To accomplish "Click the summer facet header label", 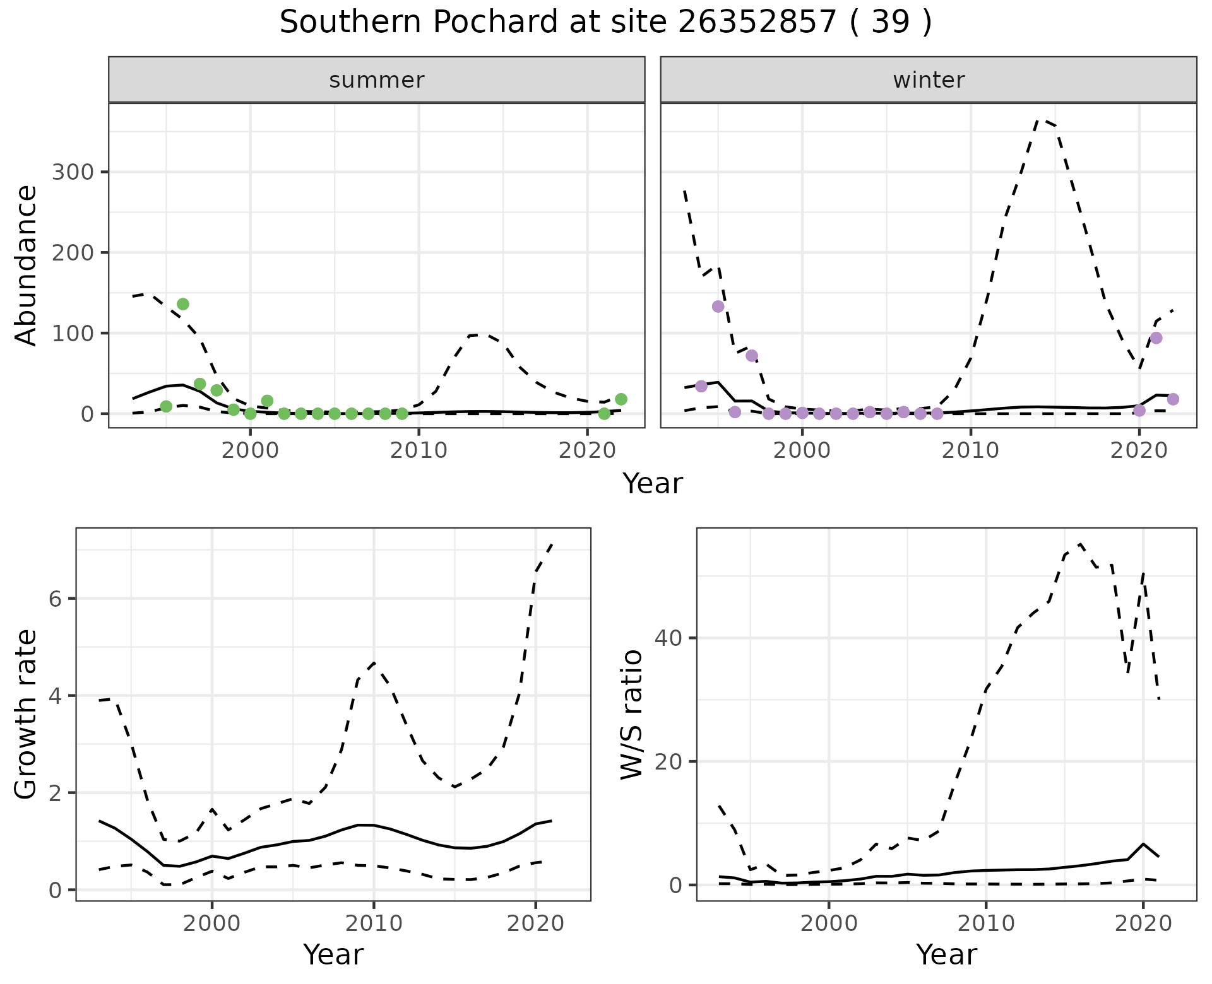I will (377, 80).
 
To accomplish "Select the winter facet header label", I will (929, 80).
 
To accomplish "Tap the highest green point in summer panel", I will (183, 304).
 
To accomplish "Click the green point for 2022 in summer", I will (621, 399).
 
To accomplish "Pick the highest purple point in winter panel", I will (718, 307).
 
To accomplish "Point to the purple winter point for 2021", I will (1156, 338).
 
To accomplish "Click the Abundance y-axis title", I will (27, 265).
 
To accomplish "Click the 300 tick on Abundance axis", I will (72, 172).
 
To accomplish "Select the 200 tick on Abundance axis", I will (72, 253).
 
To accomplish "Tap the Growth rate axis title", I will (27, 715).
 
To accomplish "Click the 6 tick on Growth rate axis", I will (55, 599).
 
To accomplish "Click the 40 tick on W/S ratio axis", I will (668, 638).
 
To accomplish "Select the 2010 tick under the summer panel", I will (419, 450).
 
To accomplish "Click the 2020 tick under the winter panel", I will (1139, 450).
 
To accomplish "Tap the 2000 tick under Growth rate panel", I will (212, 923).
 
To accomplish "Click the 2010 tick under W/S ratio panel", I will (985, 923).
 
